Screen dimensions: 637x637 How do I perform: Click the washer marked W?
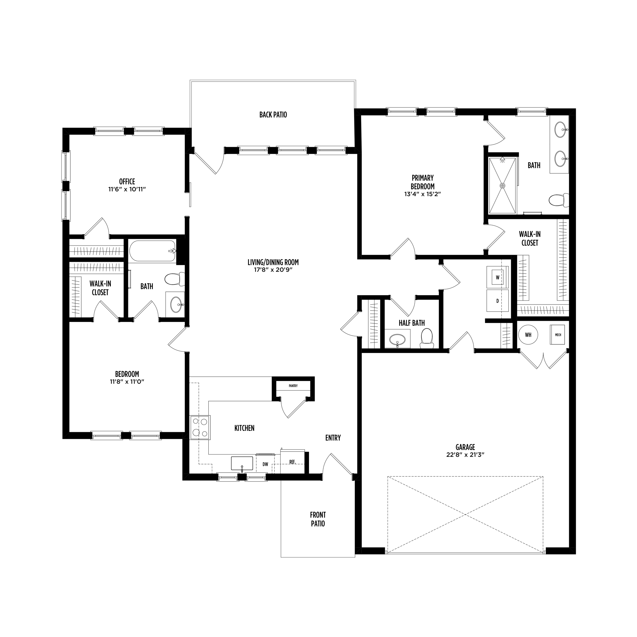[x=497, y=277]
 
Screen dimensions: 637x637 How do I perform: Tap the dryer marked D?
[x=497, y=301]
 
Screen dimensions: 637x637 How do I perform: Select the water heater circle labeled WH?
[x=528, y=335]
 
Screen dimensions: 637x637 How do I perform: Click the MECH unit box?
[x=558, y=335]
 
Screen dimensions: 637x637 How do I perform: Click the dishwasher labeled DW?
[x=265, y=464]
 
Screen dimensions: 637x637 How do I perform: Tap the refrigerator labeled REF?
[x=292, y=462]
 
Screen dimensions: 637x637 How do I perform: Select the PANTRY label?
[x=293, y=386]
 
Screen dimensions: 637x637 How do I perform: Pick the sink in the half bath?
[x=398, y=339]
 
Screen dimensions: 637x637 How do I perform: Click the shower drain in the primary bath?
[x=503, y=186]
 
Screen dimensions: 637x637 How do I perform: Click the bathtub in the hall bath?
[x=152, y=251]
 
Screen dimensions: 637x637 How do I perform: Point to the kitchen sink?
[x=242, y=463]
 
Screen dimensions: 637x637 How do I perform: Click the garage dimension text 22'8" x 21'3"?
[x=465, y=455]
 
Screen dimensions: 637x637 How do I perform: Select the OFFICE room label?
[x=127, y=182]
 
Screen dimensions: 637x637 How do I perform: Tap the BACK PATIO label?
[x=273, y=115]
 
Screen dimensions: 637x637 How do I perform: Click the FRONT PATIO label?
[x=318, y=519]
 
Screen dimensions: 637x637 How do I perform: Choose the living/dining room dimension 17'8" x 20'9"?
[x=273, y=270]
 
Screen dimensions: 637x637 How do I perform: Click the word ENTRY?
[x=333, y=438]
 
